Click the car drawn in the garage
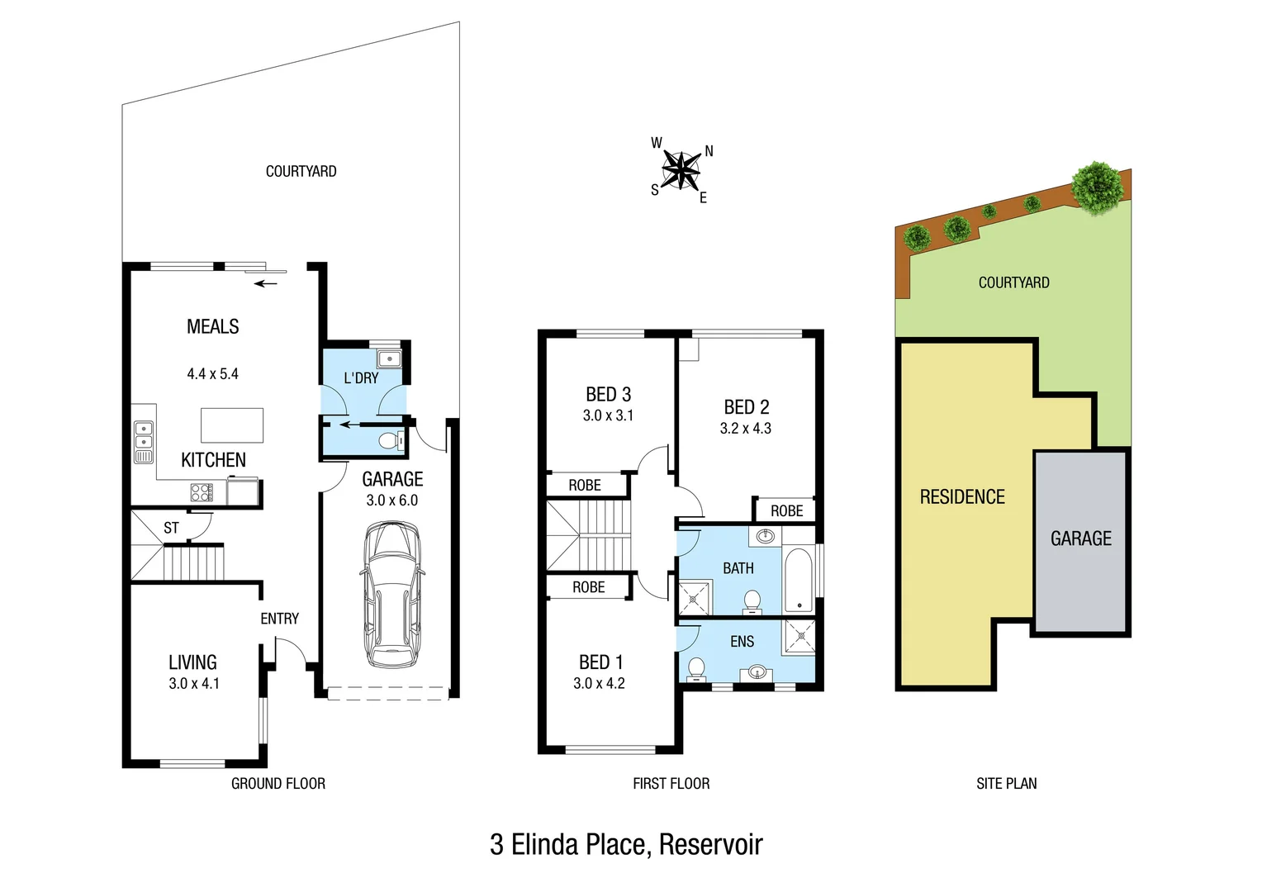click(391, 595)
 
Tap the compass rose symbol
click(681, 170)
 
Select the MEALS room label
click(212, 327)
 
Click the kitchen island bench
click(232, 425)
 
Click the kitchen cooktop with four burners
click(202, 493)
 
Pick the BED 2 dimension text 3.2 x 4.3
click(746, 429)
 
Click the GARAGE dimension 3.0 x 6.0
click(392, 501)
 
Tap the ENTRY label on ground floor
click(279, 619)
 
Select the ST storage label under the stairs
click(171, 528)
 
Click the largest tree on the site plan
click(1097, 187)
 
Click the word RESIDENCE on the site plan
click(962, 497)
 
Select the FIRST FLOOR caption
click(671, 784)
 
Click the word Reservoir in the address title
click(710, 845)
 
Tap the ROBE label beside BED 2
click(786, 511)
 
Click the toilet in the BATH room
click(752, 601)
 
